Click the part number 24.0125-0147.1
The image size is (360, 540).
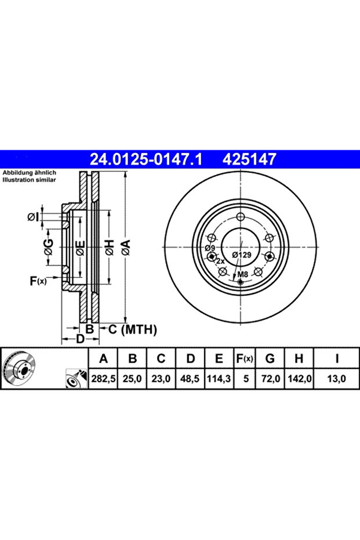(146, 160)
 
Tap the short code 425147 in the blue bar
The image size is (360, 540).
(249, 160)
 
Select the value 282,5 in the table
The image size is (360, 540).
(103, 379)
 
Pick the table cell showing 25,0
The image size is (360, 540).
(132, 379)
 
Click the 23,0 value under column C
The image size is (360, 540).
(161, 379)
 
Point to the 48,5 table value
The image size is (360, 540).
(190, 379)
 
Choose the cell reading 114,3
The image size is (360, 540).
(219, 379)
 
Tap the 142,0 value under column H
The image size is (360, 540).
(299, 379)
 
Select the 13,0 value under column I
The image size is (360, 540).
(336, 379)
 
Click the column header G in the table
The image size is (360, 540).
(270, 359)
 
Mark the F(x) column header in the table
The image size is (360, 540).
(245, 359)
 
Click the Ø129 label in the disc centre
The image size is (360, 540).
(242, 255)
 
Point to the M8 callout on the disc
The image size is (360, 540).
(243, 275)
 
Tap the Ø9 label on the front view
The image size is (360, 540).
(209, 248)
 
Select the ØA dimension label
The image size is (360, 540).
(126, 248)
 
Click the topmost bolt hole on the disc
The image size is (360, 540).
(241, 217)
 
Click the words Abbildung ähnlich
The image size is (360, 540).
(29, 173)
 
